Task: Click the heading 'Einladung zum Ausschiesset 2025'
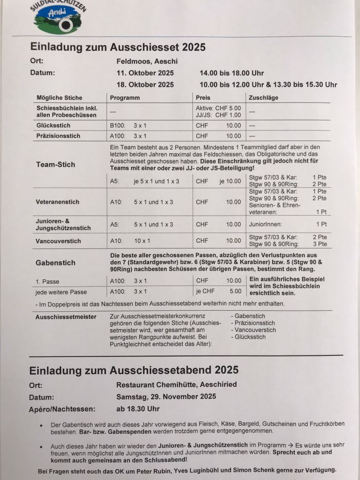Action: (118, 47)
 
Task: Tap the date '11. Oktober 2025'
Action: (145, 73)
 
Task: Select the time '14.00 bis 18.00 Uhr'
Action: (231, 73)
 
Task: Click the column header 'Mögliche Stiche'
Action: (59, 98)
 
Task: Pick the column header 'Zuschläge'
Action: (263, 98)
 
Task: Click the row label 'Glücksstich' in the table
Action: (53, 125)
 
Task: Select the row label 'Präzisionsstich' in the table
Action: (58, 136)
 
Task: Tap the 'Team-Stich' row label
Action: (56, 165)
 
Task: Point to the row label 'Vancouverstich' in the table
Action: (58, 241)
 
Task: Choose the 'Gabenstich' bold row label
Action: (56, 262)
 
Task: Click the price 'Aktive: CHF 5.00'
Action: (218, 108)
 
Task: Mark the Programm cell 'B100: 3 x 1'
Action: (128, 125)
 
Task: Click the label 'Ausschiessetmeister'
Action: (66, 317)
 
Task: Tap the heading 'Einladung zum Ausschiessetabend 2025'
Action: (134, 370)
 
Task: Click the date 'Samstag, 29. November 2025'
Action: (166, 397)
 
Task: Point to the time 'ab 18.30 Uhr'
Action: (138, 409)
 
